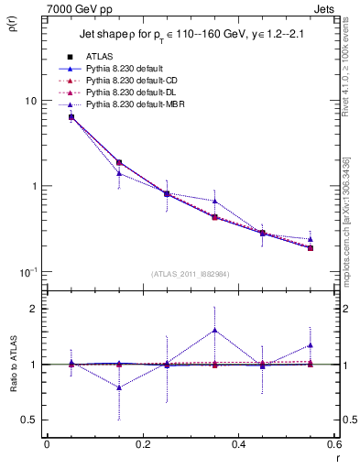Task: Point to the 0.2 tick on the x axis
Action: pyautogui.click(x=143, y=444)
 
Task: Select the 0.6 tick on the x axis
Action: pyautogui.click(x=333, y=444)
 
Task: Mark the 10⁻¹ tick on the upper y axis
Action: pyautogui.click(x=27, y=271)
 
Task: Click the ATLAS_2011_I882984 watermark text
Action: pyautogui.click(x=190, y=275)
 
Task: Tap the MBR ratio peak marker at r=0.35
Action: pyautogui.click(x=214, y=330)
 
